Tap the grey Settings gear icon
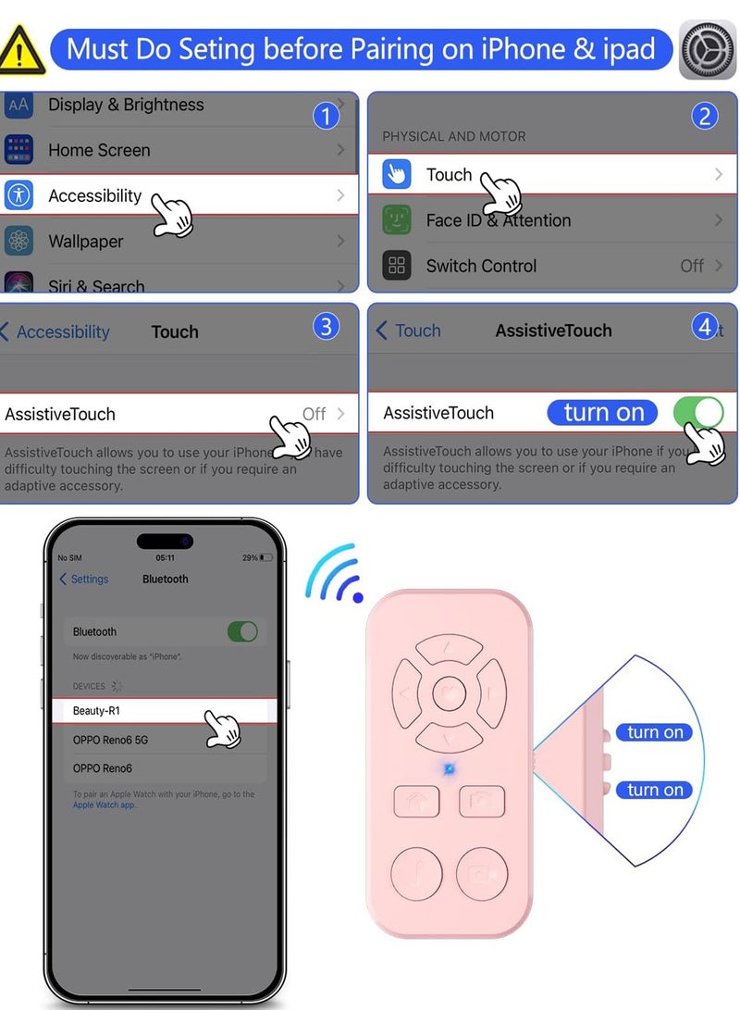pos(708,49)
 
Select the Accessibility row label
pos(94,195)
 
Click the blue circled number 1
pos(325,116)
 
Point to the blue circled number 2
pos(705,116)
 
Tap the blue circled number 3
pos(326,326)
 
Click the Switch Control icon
pos(397,266)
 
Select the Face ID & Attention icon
pos(397,220)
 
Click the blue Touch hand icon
pos(397,174)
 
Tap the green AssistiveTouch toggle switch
pos(698,412)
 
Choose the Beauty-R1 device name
pos(96,711)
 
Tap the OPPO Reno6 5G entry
pos(110,740)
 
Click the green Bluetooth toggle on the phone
pos(242,631)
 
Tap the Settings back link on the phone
pos(84,580)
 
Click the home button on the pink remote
pos(415,801)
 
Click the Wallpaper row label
pos(86,242)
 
